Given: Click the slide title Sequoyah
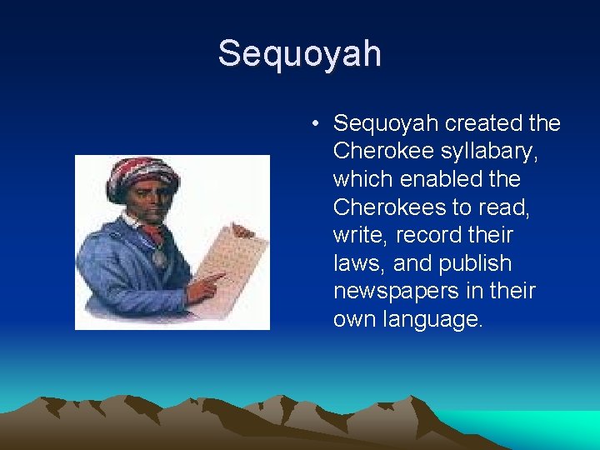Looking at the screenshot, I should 299,54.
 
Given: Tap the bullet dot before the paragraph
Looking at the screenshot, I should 315,124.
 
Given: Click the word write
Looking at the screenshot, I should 355,236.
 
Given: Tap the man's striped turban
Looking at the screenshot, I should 142,174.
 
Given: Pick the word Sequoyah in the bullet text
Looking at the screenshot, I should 386,124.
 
